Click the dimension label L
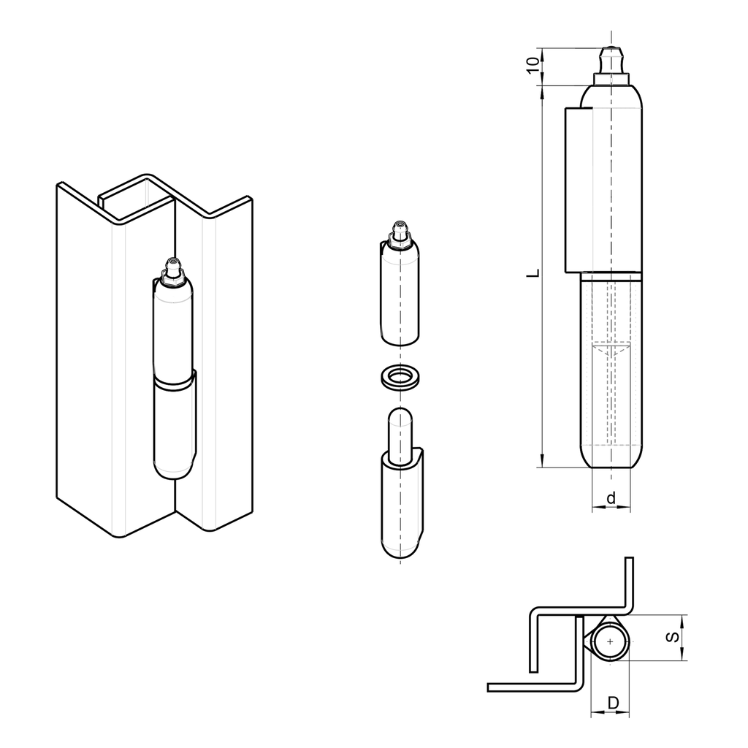tap(534, 274)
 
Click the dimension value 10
tap(534, 64)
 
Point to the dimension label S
tap(673, 637)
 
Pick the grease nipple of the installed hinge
tap(172, 270)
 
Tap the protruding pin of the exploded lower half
tap(399, 435)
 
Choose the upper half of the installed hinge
tap(172, 329)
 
